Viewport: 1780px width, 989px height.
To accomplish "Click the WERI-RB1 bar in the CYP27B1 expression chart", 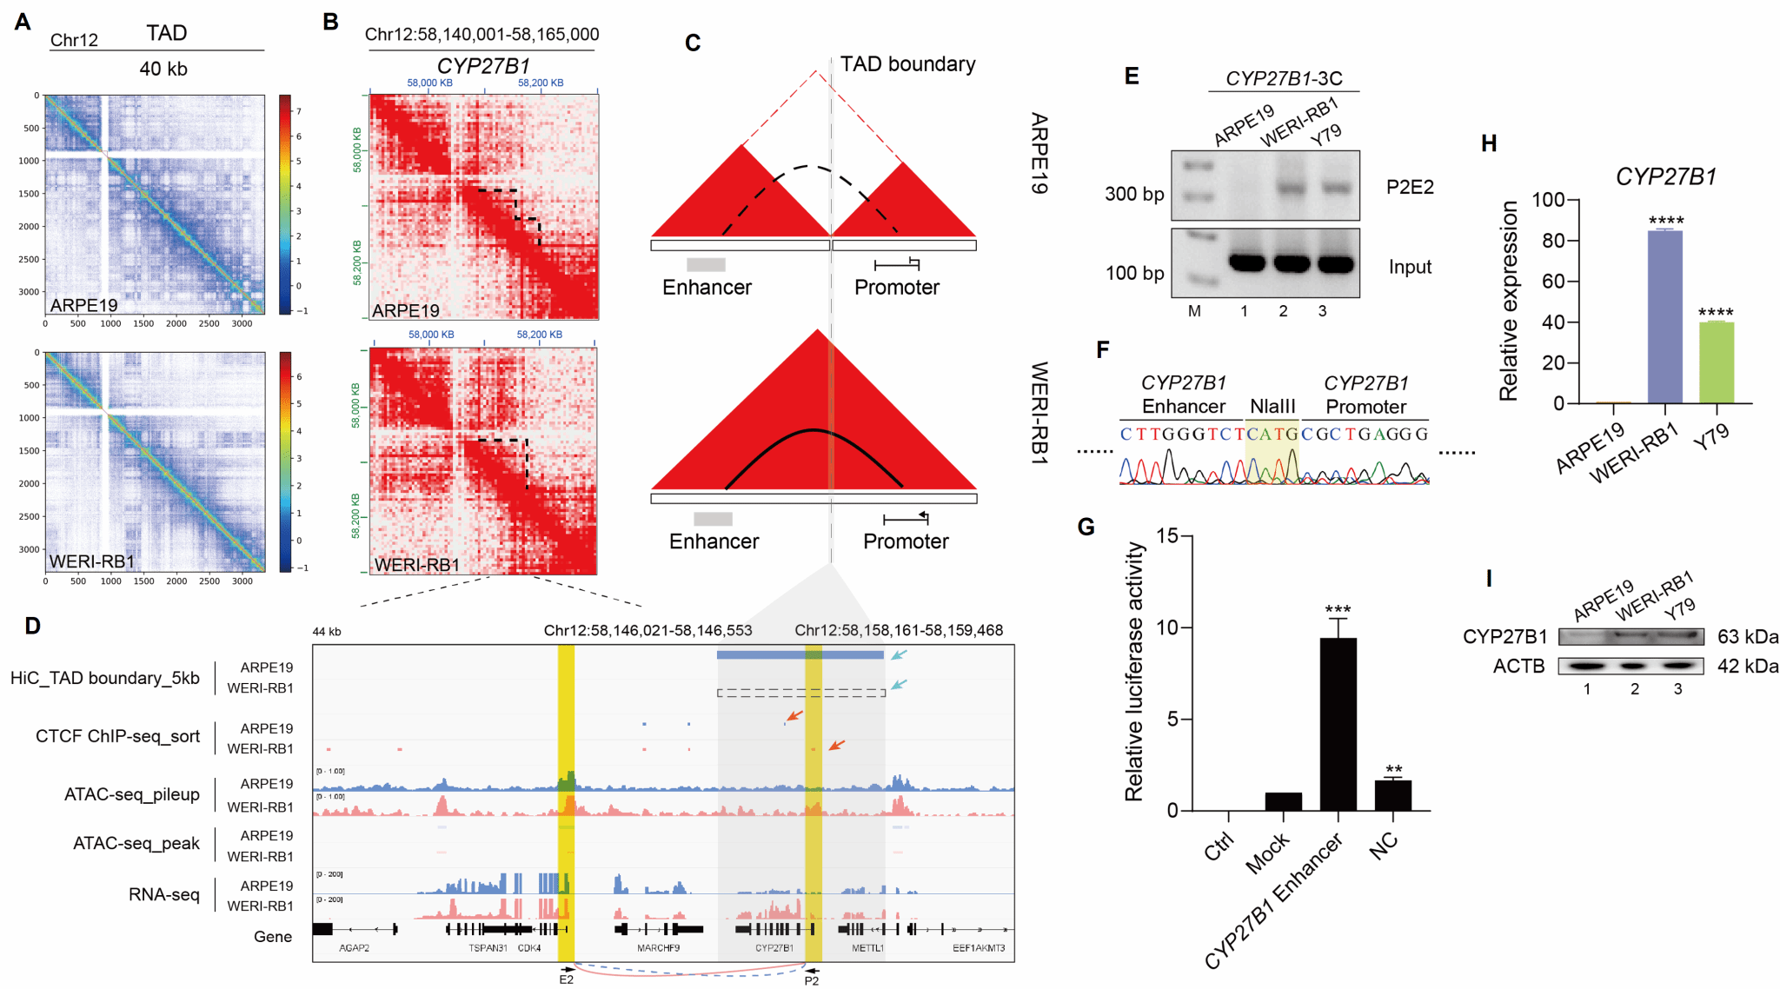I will pos(1664,317).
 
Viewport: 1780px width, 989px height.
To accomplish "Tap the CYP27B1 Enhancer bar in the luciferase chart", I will pos(1338,724).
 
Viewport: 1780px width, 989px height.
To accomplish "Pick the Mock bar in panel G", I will pos(1283,801).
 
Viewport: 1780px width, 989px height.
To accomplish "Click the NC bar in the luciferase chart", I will pos(1392,795).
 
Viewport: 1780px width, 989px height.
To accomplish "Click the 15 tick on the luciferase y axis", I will pos(1167,536).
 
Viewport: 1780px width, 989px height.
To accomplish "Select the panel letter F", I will pos(1103,350).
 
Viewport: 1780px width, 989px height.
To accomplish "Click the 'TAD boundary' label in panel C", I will pos(907,64).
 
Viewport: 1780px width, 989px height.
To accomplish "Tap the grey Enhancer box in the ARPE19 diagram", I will pos(706,264).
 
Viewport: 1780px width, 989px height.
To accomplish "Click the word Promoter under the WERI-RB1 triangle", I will pos(906,541).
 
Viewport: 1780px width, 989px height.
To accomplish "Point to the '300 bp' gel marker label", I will pos(1133,194).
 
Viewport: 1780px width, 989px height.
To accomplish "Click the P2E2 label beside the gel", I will pos(1410,187).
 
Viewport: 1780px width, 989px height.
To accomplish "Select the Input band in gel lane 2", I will pos(1291,262).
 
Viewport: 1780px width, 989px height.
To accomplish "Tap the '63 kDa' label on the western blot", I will pos(1747,637).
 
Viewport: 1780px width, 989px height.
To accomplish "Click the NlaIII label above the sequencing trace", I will pos(1272,407).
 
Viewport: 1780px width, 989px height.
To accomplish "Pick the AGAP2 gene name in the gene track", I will pos(354,948).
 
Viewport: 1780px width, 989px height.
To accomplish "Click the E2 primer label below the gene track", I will pos(566,979).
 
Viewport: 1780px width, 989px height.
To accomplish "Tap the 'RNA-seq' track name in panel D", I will pos(164,894).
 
